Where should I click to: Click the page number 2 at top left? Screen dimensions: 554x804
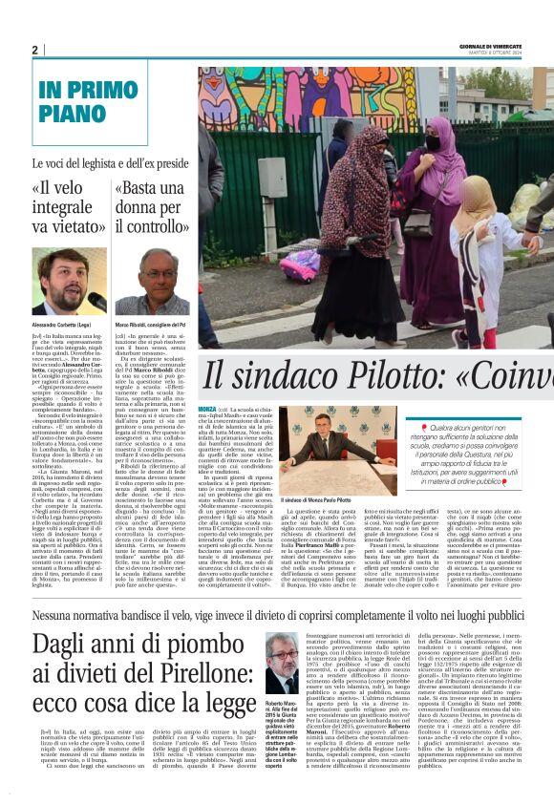(x=34, y=50)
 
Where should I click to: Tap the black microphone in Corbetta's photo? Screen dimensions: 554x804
(x=96, y=303)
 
